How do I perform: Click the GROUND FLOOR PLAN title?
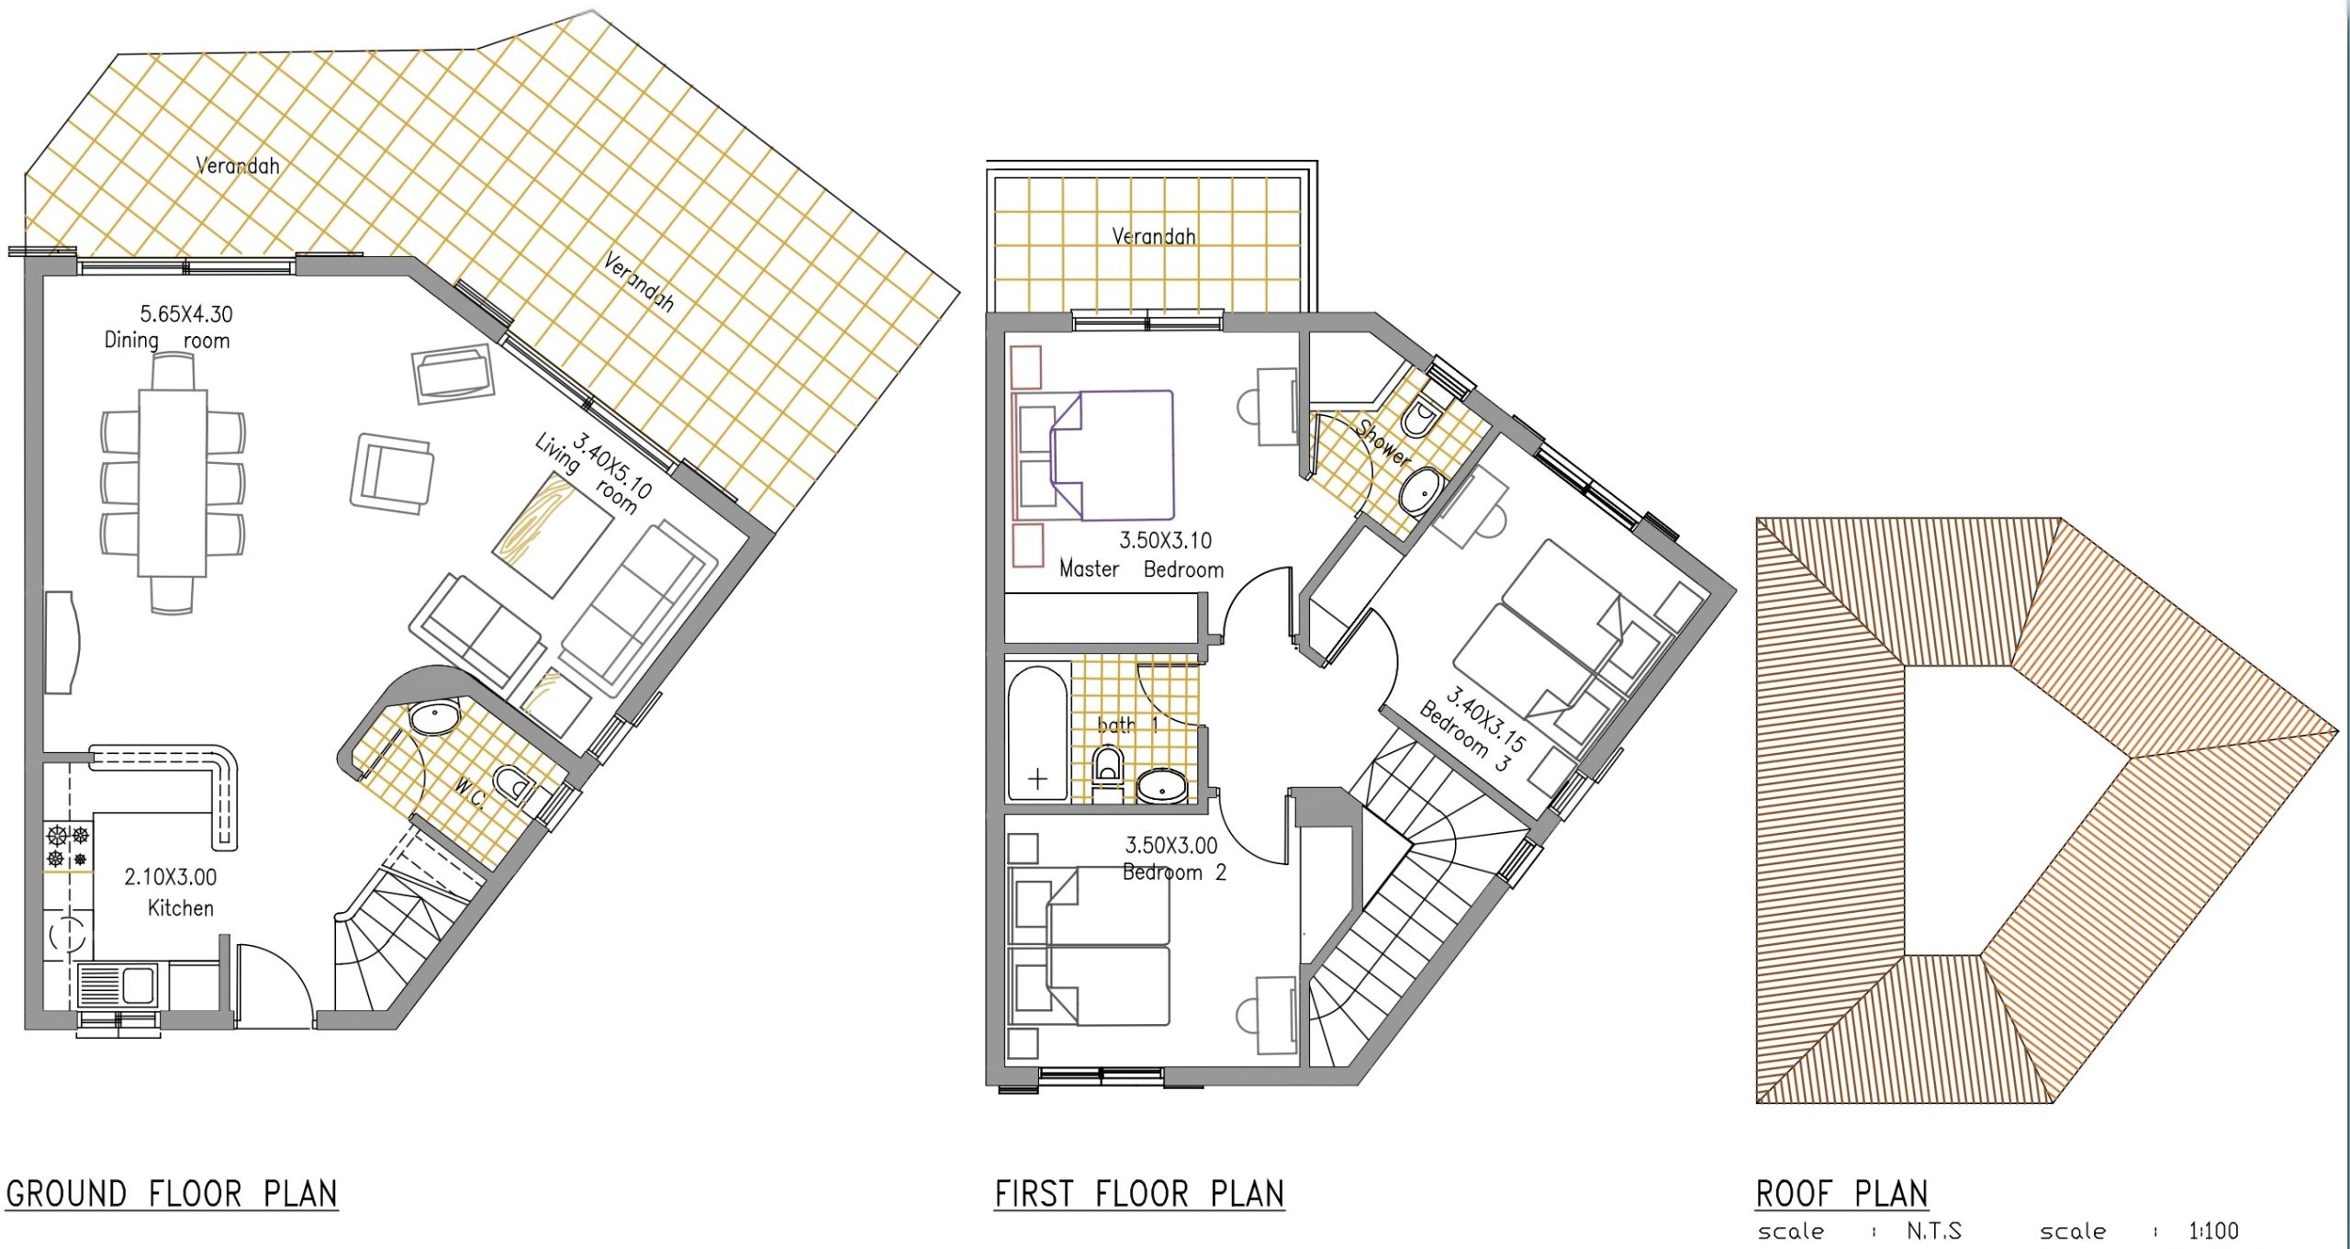pyautogui.click(x=172, y=1194)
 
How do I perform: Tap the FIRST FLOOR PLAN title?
pyautogui.click(x=1139, y=1194)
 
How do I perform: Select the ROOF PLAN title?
pyautogui.click(x=1841, y=1194)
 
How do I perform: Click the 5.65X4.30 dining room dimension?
pyautogui.click(x=186, y=314)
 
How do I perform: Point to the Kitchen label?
pyautogui.click(x=181, y=908)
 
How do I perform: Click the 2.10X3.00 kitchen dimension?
pyautogui.click(x=171, y=877)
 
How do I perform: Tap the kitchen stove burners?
pyautogui.click(x=68, y=846)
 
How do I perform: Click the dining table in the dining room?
pyautogui.click(x=173, y=483)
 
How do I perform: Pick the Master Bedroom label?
pyautogui.click(x=1141, y=569)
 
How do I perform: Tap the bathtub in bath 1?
pyautogui.click(x=1038, y=734)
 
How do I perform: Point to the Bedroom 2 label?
pyautogui.click(x=1174, y=872)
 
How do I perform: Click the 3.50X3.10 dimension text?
pyautogui.click(x=1165, y=541)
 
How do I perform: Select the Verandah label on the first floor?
pyautogui.click(x=1154, y=236)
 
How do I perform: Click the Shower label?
pyautogui.click(x=1382, y=442)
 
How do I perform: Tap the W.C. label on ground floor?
pyautogui.click(x=469, y=794)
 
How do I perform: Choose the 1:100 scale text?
pyautogui.click(x=2213, y=1231)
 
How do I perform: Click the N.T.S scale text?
pyautogui.click(x=1933, y=1231)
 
